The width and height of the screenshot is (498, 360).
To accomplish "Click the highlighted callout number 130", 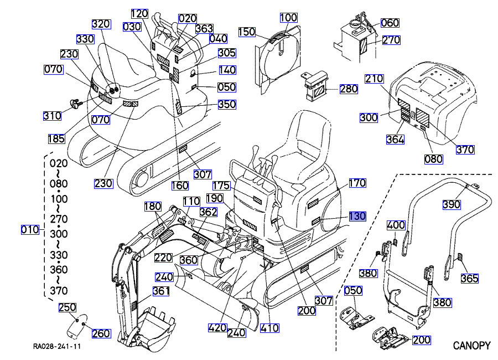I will [357, 216].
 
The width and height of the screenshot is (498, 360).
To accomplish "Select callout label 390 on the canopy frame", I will [452, 204].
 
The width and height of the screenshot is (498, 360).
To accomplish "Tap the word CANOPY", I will [471, 346].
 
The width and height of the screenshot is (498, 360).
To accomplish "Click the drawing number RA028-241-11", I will [57, 347].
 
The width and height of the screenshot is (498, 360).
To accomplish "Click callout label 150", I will [247, 32].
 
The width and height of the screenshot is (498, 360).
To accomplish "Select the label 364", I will [395, 140].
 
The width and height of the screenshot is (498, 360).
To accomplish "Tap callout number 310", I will [52, 116].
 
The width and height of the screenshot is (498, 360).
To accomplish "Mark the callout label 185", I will [56, 139].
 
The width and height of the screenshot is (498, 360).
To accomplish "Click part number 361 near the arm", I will [161, 291].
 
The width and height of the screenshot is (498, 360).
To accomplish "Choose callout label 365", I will [469, 279].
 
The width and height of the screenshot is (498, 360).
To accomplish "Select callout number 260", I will [101, 333].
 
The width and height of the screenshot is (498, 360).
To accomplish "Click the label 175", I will [221, 185].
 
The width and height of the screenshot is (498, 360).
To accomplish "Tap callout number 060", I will [390, 23].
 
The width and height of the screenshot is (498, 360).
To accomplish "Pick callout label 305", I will [226, 53].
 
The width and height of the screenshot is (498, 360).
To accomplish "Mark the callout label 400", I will [396, 225].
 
